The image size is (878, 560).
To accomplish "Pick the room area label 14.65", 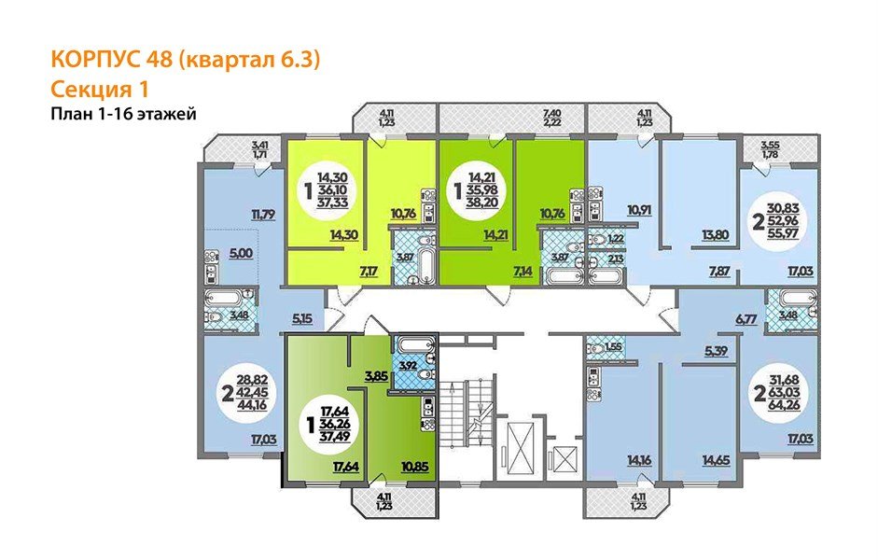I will pos(715,459).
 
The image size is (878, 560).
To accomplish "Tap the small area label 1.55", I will pos(612,347).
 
